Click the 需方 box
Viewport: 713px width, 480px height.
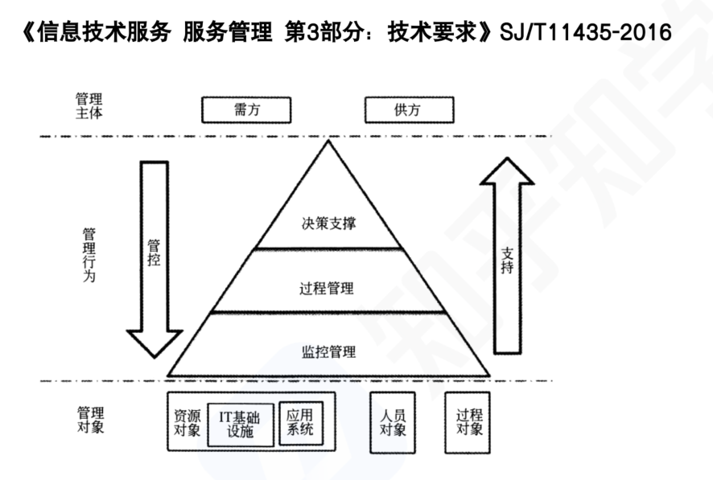[245, 110]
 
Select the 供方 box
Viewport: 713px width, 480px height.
[409, 110]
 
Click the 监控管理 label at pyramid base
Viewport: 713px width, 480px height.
[328, 351]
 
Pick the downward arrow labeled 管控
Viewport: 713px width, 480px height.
[155, 257]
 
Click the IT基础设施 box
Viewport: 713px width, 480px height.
[240, 425]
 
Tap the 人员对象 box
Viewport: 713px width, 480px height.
[393, 422]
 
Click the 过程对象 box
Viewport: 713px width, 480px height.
[468, 422]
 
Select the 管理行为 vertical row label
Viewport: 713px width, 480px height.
[89, 255]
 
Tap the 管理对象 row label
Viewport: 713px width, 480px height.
[89, 420]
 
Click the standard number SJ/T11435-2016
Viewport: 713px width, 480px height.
[585, 34]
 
